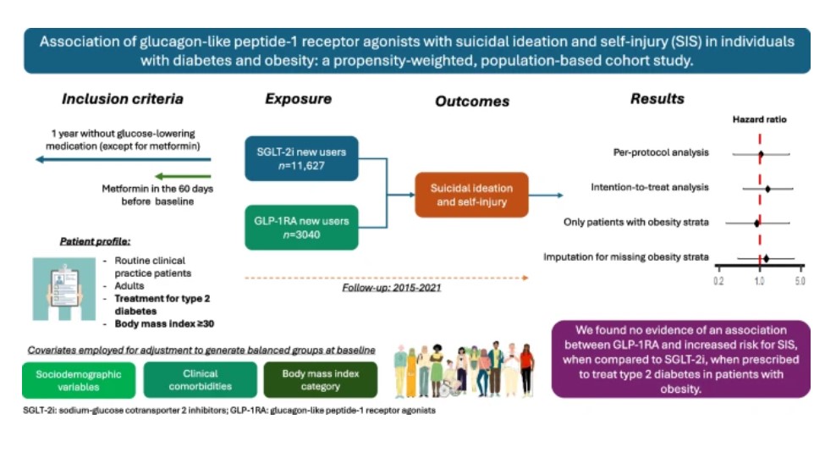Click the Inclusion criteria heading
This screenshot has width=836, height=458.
122,99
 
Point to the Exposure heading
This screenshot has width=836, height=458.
298,99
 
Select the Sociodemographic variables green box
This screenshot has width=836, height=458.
78,380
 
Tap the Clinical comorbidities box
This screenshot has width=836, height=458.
200,380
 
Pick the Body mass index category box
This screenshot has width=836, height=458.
320,380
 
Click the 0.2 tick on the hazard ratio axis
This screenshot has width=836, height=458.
719,279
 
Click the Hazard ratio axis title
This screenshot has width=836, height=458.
759,120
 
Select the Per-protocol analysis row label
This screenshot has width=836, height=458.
661,153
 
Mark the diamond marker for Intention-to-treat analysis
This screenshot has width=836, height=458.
767,188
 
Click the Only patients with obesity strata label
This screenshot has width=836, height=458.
635,223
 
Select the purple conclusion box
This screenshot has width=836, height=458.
680,358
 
